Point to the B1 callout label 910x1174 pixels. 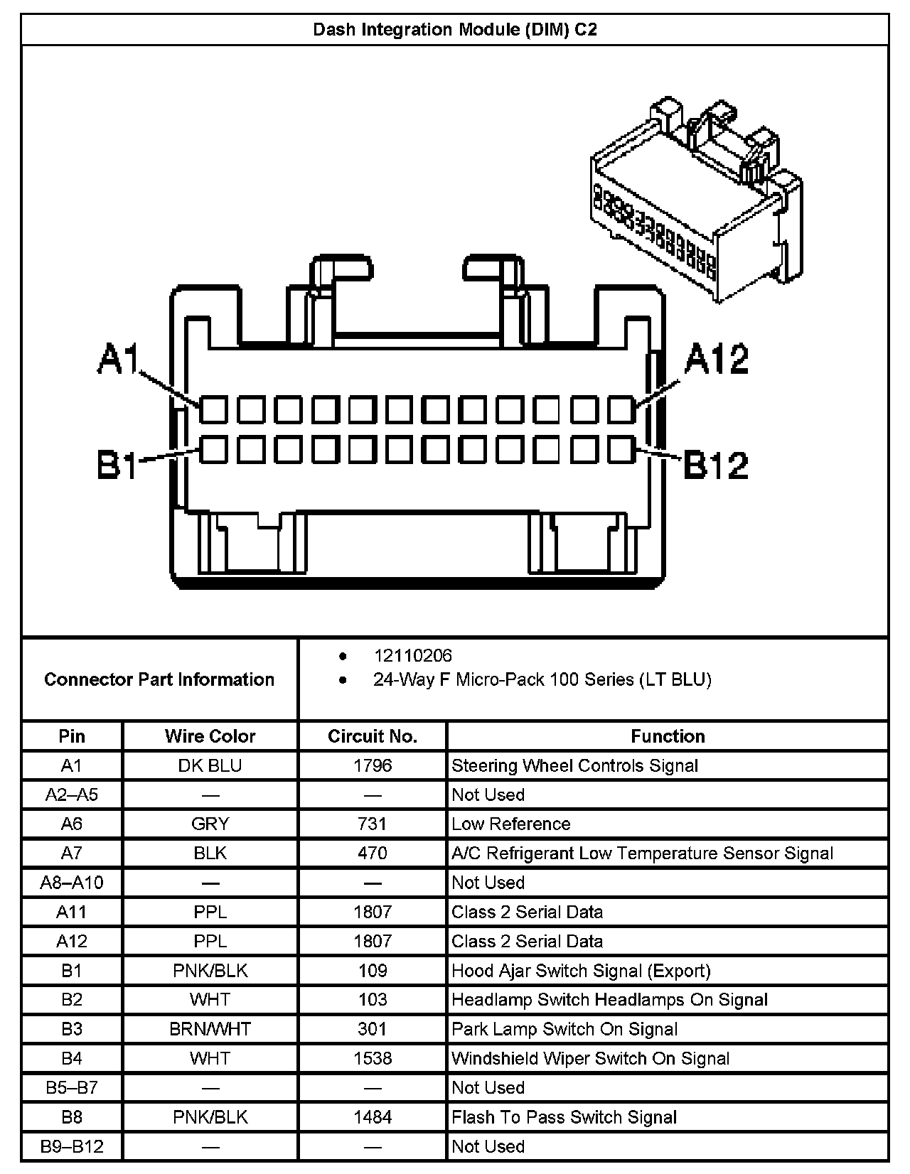(117, 465)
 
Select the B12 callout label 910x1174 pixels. (716, 465)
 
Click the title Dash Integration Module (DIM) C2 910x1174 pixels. (455, 30)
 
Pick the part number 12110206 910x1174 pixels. (412, 656)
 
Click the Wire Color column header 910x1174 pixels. (210, 736)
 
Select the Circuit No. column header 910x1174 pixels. (373, 736)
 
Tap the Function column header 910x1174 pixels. (668, 736)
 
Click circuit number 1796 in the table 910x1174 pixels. (373, 765)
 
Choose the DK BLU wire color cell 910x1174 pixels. (210, 765)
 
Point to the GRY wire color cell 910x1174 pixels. (210, 824)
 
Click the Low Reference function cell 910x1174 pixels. (511, 824)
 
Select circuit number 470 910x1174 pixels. (373, 853)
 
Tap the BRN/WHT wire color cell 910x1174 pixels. (210, 1029)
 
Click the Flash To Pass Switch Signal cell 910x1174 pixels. (564, 1117)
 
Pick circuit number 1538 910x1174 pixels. (373, 1058)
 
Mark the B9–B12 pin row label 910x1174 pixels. (72, 1146)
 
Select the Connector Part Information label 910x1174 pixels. (159, 679)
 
